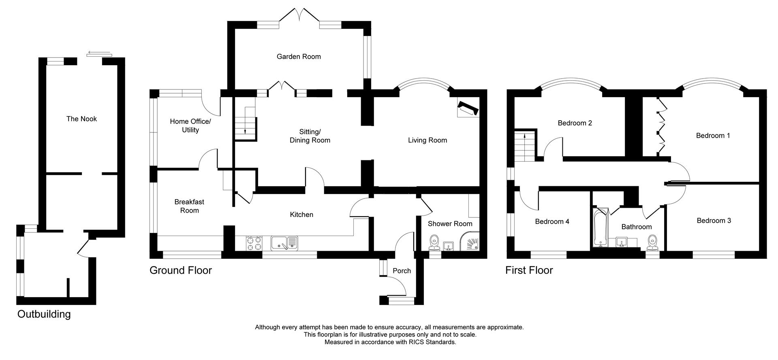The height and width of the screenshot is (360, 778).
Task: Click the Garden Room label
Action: point(299,57)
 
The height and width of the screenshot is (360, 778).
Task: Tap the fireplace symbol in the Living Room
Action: point(468,109)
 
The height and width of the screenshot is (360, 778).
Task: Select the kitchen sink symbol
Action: point(284,243)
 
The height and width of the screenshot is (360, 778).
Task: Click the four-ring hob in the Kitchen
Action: point(254,243)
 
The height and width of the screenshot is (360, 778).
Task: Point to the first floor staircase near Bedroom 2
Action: point(525,146)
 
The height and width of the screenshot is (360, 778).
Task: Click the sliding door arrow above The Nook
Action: point(98,53)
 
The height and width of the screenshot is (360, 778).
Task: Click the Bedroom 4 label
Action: point(552,222)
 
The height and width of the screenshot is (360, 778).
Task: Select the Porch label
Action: point(402,271)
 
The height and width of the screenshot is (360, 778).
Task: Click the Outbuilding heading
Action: point(44,314)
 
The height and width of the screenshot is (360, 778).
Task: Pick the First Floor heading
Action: point(529,271)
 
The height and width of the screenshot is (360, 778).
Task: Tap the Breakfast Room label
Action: point(189,206)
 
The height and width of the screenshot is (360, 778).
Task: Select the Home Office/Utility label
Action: point(190,126)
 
